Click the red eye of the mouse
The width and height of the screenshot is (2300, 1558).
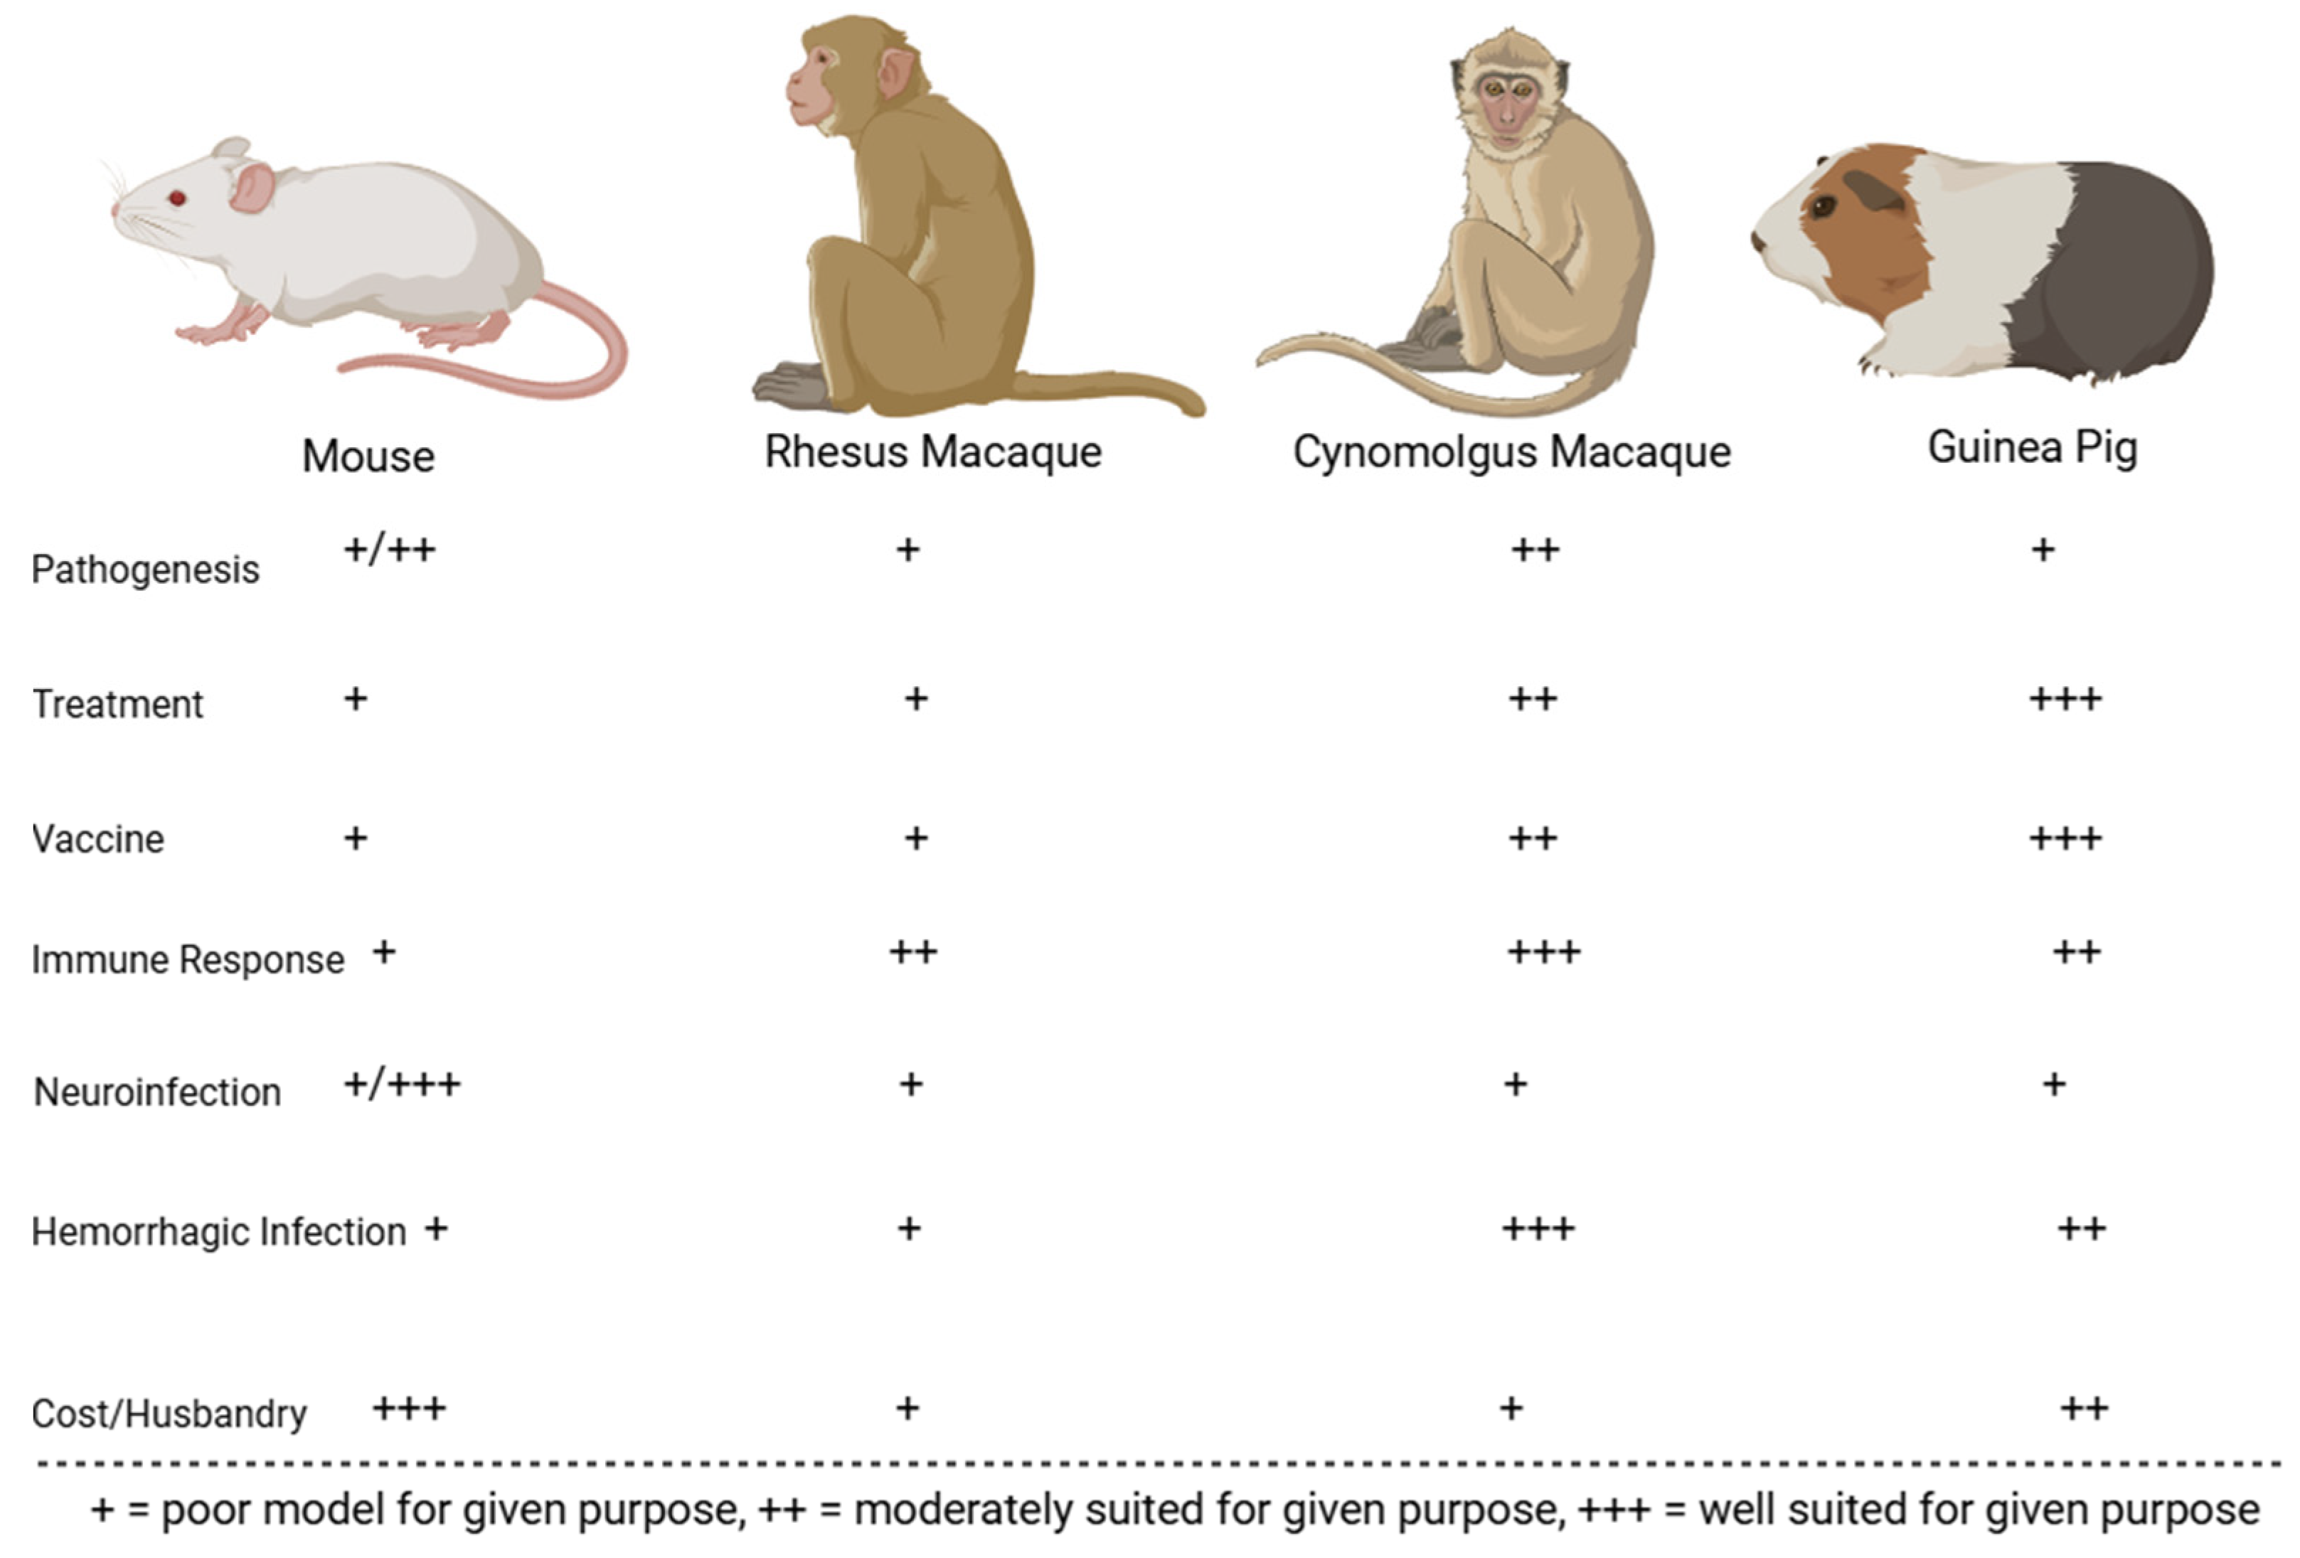coord(177,198)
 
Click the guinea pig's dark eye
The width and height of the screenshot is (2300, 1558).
coord(1822,207)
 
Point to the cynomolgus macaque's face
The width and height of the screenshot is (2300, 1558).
coord(1506,103)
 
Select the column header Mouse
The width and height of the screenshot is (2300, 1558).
coord(368,457)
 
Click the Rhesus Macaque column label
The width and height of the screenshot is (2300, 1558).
coord(932,452)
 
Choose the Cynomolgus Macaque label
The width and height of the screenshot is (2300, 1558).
coord(1511,452)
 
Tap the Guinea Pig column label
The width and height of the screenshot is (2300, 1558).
coord(2033,447)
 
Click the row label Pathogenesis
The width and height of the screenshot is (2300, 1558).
coord(146,569)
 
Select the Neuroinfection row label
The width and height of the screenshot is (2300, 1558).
coord(157,1092)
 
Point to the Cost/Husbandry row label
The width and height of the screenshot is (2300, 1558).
coord(169,1414)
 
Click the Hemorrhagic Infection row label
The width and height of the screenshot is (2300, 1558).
coord(219,1232)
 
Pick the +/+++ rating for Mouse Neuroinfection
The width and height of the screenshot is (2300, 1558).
coord(402,1085)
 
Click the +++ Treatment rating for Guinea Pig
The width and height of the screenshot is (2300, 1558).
coord(2065,700)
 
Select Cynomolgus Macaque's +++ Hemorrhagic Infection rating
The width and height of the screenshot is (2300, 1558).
coord(1538,1229)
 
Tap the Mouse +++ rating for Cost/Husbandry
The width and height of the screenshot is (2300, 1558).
coord(409,1409)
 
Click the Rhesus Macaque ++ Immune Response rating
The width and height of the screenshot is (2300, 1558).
coord(912,952)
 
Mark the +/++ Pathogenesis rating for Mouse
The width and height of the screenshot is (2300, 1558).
coord(389,550)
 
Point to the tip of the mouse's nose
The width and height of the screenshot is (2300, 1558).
coord(115,210)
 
